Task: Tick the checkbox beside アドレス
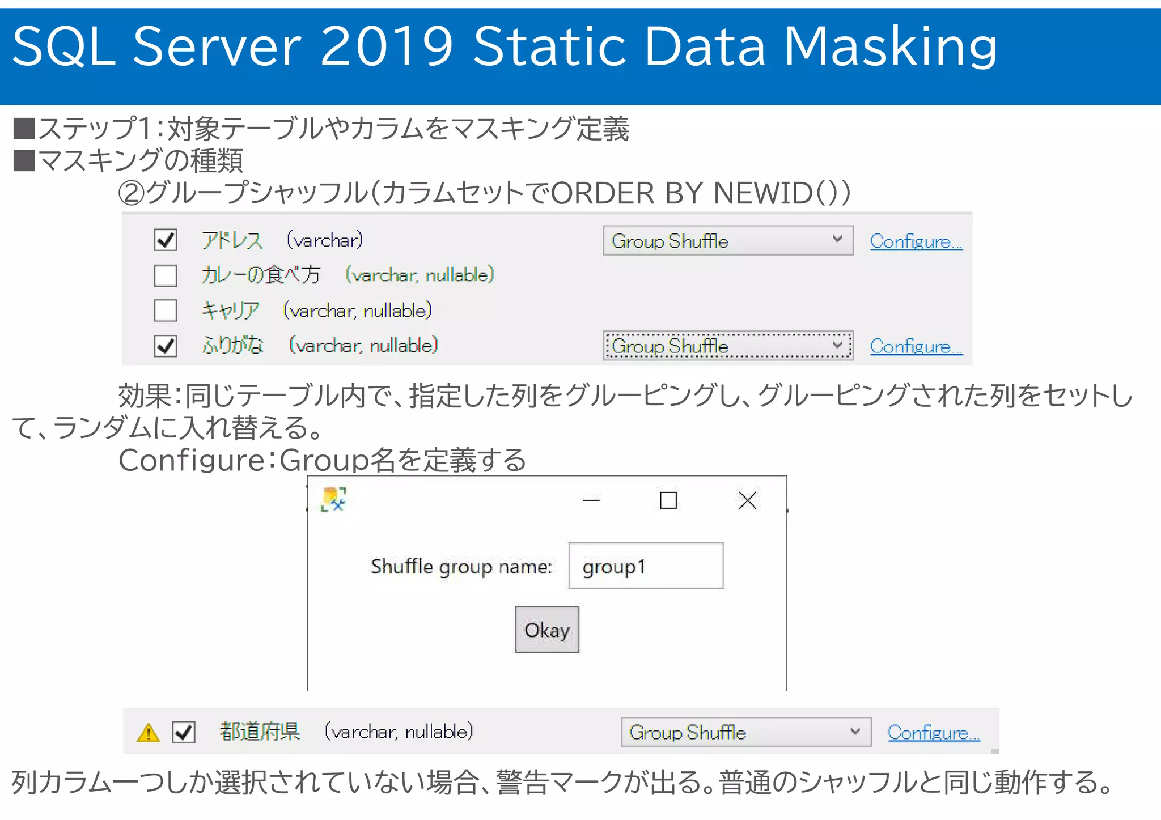pos(166,240)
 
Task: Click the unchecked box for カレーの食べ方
pos(166,275)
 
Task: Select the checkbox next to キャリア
pos(166,311)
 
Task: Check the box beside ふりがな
pos(166,346)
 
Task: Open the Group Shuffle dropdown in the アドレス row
pos(727,241)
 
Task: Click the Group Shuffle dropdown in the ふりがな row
pos(727,346)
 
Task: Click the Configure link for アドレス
pos(916,241)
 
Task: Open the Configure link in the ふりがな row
pos(916,346)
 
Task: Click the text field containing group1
pos(646,566)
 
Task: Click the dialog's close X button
pos(747,500)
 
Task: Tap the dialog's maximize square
pos(668,500)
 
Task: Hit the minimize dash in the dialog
pos(591,500)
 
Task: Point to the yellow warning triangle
pos(149,733)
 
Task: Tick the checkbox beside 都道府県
pos(184,732)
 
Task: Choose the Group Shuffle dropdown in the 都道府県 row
pos(745,732)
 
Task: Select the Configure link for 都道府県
pos(934,733)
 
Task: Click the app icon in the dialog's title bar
pos(333,499)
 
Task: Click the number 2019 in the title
pos(387,46)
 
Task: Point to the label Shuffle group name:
pos(461,567)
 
